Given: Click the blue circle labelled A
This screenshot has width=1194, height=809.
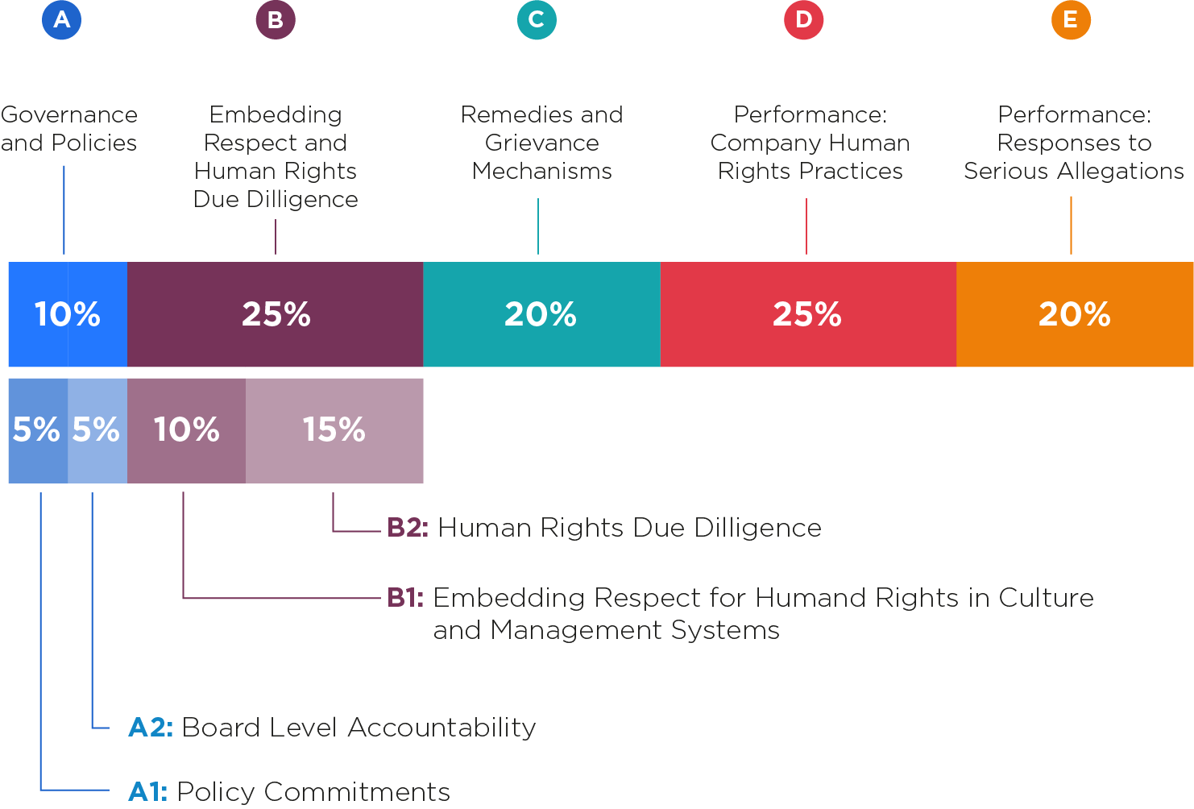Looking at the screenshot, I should coord(62,20).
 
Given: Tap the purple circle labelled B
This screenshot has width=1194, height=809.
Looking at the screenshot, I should coord(276,20).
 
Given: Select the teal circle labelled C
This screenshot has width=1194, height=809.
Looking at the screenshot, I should coord(537,20).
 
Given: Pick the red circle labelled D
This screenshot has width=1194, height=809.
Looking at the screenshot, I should coord(804,20).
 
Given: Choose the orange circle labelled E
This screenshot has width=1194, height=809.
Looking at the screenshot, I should coord(1071,20).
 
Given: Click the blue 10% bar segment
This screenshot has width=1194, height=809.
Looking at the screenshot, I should coord(68,314).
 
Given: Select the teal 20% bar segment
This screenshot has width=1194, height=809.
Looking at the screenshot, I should coord(541,314).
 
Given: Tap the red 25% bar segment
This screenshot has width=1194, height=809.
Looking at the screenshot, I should coord(807,314).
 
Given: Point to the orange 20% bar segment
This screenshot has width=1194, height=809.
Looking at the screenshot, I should coord(1075,314).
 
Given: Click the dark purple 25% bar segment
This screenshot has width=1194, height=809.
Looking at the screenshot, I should coord(276,314).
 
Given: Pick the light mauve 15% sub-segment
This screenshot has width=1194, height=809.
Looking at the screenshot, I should coord(334,430).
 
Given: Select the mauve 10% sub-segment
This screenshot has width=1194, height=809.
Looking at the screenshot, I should coord(186,430).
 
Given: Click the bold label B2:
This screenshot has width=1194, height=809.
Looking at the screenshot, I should coord(408,528).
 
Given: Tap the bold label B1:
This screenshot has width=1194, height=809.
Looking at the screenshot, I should coord(405,598).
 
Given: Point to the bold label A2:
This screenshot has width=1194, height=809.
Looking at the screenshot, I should coord(151,728).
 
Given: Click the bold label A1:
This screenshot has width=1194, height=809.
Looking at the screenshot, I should coord(148,791).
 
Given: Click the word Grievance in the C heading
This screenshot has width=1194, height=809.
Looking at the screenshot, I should coord(542,143).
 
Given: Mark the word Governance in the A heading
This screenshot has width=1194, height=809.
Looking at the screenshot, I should coord(69,115).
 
